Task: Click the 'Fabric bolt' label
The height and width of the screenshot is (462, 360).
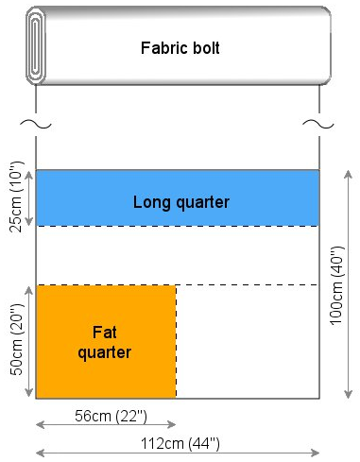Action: pyautogui.click(x=180, y=48)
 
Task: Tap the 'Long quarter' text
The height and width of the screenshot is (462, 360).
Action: pyautogui.click(x=181, y=202)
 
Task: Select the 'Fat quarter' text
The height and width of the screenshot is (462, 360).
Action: pyautogui.click(x=105, y=342)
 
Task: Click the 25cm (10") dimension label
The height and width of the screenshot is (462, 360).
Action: pyautogui.click(x=16, y=197)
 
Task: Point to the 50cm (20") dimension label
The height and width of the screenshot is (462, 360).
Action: pyautogui.click(x=16, y=339)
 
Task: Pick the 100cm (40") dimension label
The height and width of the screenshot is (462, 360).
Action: pyautogui.click(x=337, y=285)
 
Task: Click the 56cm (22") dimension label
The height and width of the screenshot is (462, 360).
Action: pyautogui.click(x=111, y=416)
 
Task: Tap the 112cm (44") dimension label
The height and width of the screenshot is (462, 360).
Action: pyautogui.click(x=180, y=444)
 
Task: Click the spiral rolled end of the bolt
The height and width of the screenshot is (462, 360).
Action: pyautogui.click(x=36, y=46)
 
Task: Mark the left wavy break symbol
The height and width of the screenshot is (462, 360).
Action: pyautogui.click(x=36, y=124)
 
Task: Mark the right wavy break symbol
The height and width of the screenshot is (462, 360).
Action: pyautogui.click(x=318, y=124)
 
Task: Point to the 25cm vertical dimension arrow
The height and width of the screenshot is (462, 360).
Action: pyautogui.click(x=29, y=198)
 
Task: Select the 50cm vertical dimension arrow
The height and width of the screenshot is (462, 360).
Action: pyautogui.click(x=29, y=342)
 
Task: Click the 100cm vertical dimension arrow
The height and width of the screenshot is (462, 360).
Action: pyautogui.click(x=348, y=284)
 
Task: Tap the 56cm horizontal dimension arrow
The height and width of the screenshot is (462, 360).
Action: pyautogui.click(x=106, y=425)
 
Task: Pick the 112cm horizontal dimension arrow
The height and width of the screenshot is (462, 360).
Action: pyautogui.click(x=178, y=453)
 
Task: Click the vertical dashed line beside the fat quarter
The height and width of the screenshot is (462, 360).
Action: pyautogui.click(x=176, y=342)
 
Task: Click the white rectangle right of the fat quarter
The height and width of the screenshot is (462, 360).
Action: pyautogui.click(x=248, y=342)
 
